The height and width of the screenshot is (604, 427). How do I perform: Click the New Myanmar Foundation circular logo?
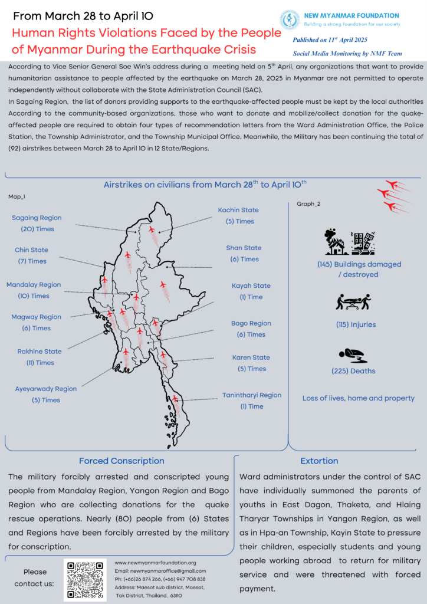(x=290, y=19)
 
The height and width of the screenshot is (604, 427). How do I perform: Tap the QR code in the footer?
(x=85, y=580)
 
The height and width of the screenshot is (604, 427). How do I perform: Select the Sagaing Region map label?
(x=37, y=218)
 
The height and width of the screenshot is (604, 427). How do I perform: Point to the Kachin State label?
(x=238, y=210)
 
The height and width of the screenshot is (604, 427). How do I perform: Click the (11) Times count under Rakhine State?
(x=40, y=363)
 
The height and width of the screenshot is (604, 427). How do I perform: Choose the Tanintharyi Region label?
(x=252, y=395)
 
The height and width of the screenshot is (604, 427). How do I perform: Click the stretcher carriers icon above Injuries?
(x=353, y=302)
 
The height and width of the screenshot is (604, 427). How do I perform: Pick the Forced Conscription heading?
(x=121, y=461)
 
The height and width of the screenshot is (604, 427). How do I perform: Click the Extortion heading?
(x=319, y=461)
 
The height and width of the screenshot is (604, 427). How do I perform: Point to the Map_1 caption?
(x=17, y=196)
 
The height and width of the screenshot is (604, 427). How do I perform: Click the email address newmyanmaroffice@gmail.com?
(x=160, y=571)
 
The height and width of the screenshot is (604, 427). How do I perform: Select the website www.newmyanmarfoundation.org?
(x=155, y=563)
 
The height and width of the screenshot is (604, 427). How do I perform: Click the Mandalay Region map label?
(x=34, y=285)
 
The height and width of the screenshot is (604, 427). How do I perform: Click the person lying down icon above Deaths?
(x=353, y=355)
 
